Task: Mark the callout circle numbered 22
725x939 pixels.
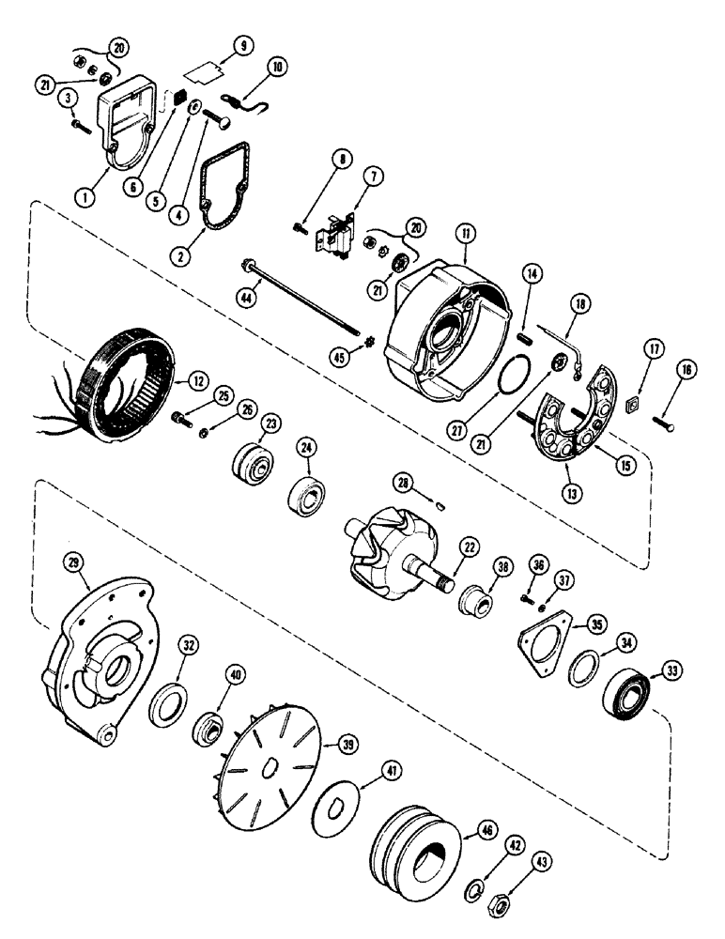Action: pos(467,546)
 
